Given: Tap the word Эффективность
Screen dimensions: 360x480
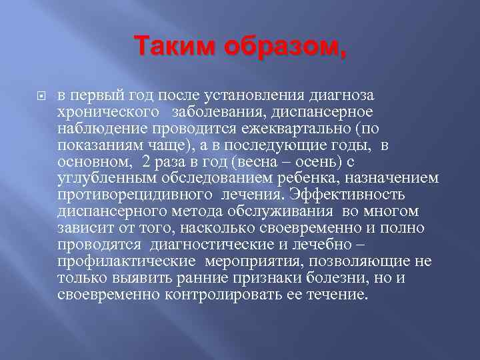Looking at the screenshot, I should click(x=341, y=194).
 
